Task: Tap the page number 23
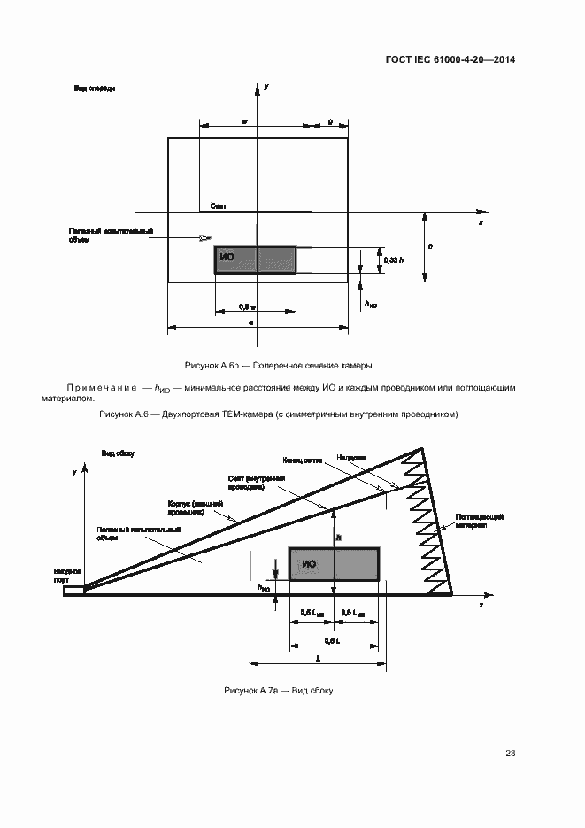click(511, 754)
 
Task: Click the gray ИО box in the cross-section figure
click(255, 259)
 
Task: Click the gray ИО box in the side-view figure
click(334, 564)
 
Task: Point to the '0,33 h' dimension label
click(394, 259)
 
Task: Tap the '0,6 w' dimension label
click(248, 307)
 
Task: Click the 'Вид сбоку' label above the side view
click(118, 453)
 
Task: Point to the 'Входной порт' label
click(67, 576)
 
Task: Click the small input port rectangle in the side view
click(74, 590)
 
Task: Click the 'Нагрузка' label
click(351, 458)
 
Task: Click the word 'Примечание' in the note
click(99, 387)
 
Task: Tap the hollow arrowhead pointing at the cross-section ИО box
click(205, 237)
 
